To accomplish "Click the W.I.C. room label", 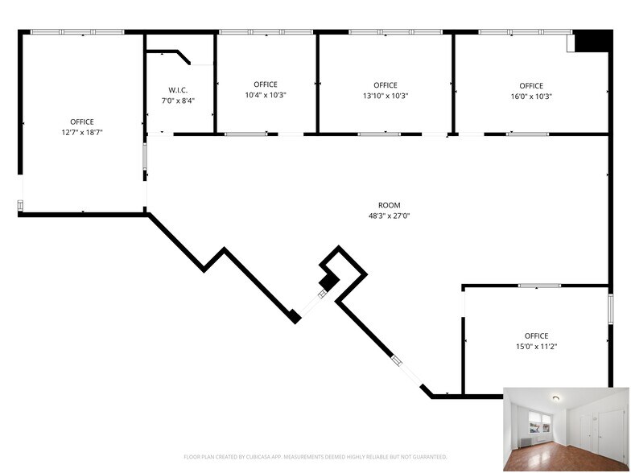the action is coord(178,90).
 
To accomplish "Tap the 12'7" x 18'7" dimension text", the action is coord(82,132).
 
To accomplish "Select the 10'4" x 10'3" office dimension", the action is coord(266,95).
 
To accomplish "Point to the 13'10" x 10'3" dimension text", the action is coord(386,96).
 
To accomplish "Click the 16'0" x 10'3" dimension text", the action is coord(531,97).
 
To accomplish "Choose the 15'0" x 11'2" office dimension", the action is coord(536,346).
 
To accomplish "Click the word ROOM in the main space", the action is coord(390,205).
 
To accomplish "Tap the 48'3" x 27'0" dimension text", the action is coord(390,216).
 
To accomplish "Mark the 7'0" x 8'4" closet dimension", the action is coord(178,101).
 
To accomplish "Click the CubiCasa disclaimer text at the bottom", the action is coord(315,457).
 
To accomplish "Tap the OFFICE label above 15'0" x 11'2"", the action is coord(536,336).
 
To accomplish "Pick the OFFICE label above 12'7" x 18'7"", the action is coord(82,122).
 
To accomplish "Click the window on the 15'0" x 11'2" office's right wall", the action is coord(610,308).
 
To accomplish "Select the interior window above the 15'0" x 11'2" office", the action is coord(539,286).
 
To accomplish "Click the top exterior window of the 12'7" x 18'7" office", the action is coord(77,32).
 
